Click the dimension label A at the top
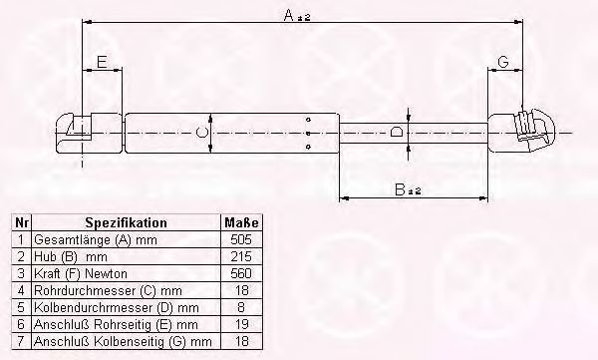pyautogui.click(x=297, y=16)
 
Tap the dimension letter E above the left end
pyautogui.click(x=102, y=62)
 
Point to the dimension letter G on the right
pyautogui.click(x=503, y=62)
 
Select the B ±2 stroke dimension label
pyautogui.click(x=408, y=189)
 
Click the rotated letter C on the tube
pyautogui.click(x=202, y=133)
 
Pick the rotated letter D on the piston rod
pyautogui.click(x=397, y=133)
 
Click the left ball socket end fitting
pyautogui.click(x=90, y=134)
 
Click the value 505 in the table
pyautogui.click(x=241, y=239)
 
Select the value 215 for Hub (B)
pyautogui.click(x=241, y=256)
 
